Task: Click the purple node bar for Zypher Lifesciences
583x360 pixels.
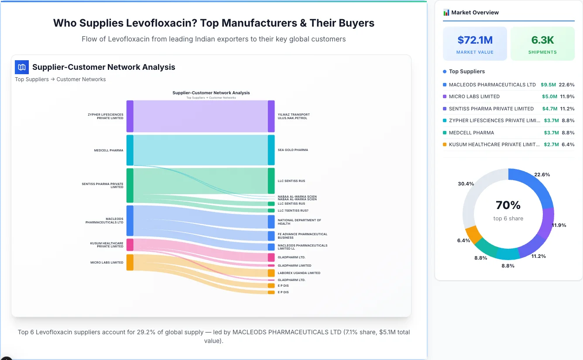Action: coord(130,116)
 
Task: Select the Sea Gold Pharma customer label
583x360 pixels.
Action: coord(293,150)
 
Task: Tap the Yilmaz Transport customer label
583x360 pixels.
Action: coord(294,117)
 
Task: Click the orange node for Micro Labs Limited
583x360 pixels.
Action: coord(130,262)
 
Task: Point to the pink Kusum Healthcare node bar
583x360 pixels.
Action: coord(130,244)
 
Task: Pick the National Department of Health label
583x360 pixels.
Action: coord(299,222)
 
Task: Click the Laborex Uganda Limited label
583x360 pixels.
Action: coord(299,273)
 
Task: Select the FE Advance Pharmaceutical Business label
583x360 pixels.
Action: coord(302,236)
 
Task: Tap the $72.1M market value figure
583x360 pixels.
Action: coord(475,40)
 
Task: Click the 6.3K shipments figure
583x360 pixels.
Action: coord(542,40)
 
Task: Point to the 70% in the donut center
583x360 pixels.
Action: coord(508,205)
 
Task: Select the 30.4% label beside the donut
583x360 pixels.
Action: coord(466,184)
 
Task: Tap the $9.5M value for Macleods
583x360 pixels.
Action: coord(549,85)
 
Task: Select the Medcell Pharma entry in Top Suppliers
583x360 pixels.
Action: coord(471,133)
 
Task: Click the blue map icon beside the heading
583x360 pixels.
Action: coord(21,67)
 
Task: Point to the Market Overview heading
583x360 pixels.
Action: coord(475,12)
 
